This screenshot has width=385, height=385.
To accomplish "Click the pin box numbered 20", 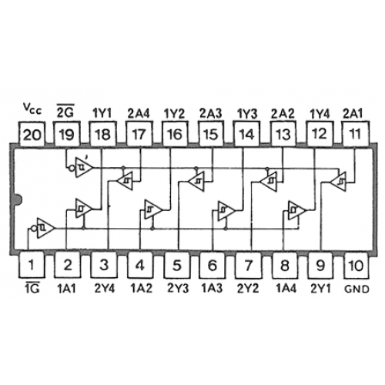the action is [x=32, y=133].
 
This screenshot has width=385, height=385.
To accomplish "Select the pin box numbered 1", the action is [x=32, y=264].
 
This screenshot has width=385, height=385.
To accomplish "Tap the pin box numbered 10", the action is [x=357, y=264].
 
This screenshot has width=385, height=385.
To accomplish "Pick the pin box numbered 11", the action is [x=356, y=133].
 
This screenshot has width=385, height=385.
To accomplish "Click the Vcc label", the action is [x=32, y=109].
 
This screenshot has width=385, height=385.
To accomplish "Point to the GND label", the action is [x=357, y=289].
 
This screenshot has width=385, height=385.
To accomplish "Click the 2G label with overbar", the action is [x=65, y=111].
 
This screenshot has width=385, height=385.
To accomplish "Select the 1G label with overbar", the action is [x=32, y=287].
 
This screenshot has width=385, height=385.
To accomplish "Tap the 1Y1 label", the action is [x=102, y=113].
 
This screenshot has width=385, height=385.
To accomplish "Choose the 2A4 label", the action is [x=139, y=113].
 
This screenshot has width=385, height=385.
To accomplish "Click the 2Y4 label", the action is [x=105, y=289].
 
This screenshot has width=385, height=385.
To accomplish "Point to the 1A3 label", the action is [x=212, y=289].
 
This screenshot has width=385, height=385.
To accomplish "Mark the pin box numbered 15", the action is [x=211, y=133].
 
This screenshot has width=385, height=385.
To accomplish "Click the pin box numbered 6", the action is [x=212, y=264].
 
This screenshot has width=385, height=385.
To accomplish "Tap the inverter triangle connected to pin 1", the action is [x=44, y=228].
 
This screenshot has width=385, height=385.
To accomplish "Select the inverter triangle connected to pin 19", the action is [x=82, y=168].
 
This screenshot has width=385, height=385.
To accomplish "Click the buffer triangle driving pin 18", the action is [x=82, y=209].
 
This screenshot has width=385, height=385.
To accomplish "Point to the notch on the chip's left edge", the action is [x=18, y=200].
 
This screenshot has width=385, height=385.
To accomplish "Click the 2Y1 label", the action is [x=320, y=289].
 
